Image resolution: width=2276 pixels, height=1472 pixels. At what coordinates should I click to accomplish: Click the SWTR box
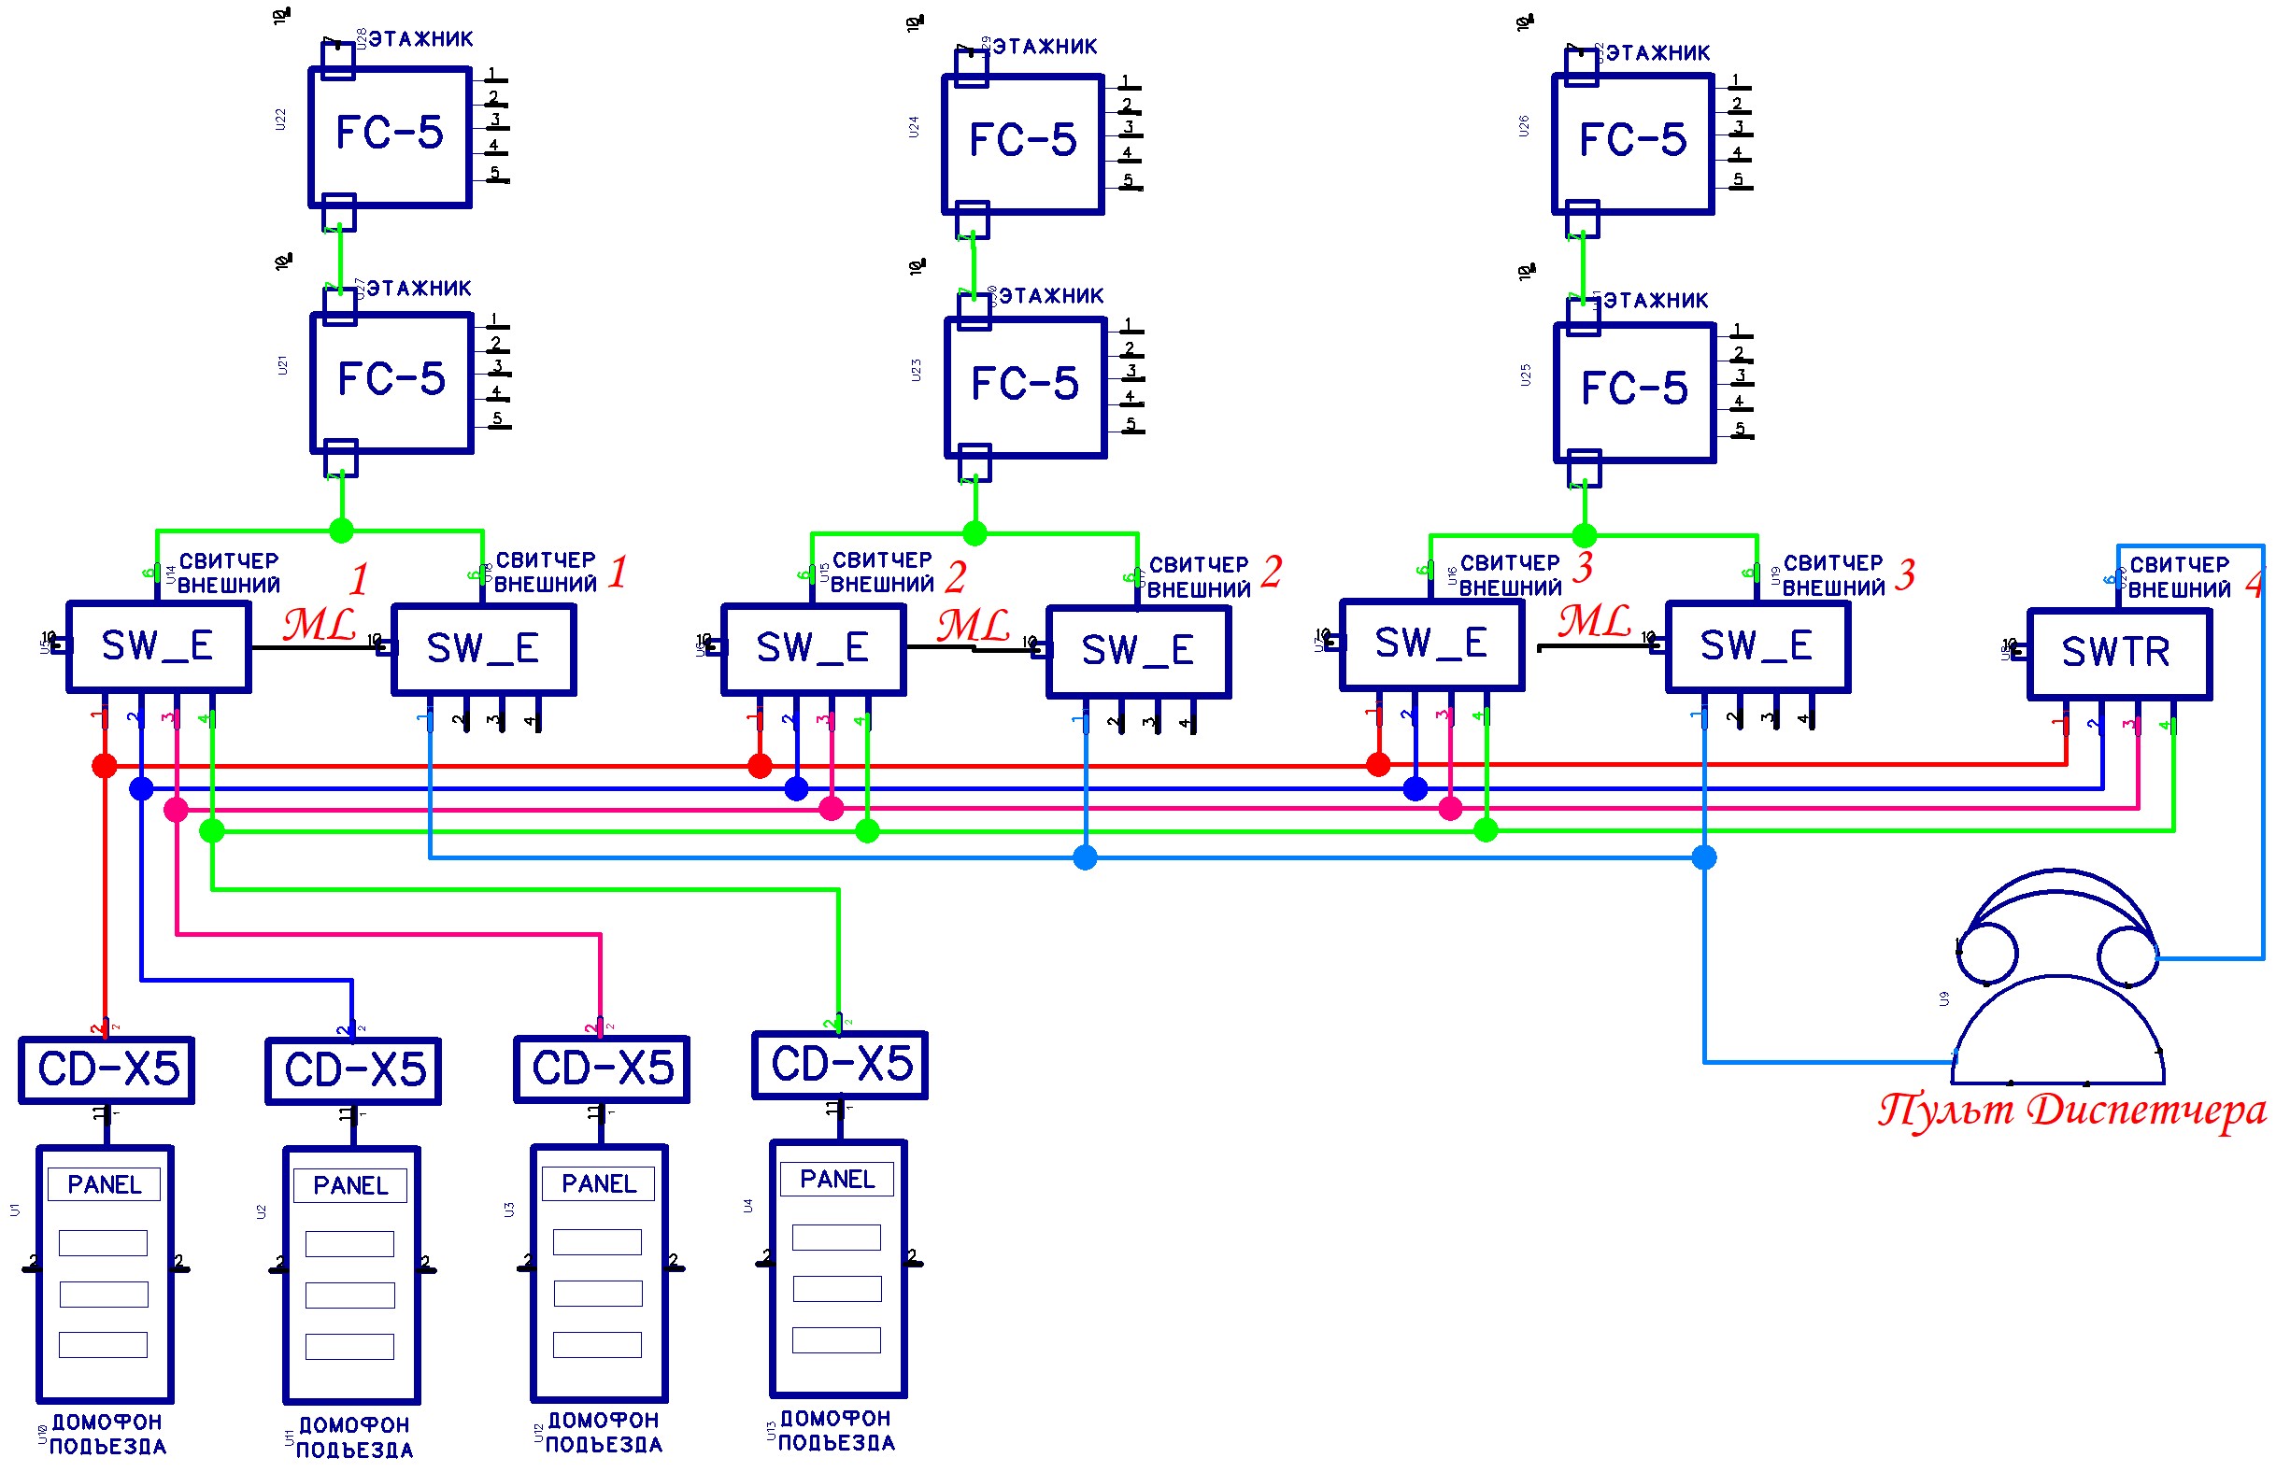(2117, 654)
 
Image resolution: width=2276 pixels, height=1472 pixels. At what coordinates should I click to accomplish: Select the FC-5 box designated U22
(389, 135)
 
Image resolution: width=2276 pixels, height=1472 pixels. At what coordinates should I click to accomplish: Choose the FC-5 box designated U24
(1022, 144)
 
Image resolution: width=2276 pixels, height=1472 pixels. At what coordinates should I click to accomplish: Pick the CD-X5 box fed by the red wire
(107, 1069)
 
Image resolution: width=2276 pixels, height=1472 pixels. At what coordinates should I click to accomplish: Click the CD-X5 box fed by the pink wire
(602, 1069)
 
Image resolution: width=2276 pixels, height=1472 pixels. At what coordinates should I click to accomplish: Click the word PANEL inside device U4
(836, 1179)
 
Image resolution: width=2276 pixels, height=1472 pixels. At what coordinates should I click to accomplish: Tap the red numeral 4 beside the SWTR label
(2254, 584)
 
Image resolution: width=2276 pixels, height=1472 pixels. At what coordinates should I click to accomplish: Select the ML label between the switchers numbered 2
(972, 626)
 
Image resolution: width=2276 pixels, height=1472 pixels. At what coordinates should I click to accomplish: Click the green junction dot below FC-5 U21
(341, 531)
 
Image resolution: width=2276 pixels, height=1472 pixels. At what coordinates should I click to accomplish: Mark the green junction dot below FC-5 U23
(974, 533)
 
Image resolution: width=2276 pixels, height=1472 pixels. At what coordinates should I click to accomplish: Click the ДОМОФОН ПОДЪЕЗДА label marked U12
(603, 1432)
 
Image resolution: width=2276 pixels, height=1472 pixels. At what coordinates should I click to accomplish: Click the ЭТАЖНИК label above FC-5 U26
(1657, 53)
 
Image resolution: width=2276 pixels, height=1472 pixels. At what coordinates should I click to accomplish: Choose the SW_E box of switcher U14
(159, 647)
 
